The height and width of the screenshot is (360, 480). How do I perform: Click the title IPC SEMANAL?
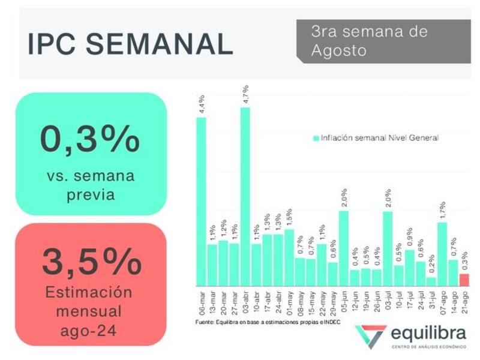130,43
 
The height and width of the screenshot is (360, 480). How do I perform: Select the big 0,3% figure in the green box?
90,139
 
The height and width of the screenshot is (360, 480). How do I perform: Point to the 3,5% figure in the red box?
91,262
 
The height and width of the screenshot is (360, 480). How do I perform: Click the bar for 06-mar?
202,201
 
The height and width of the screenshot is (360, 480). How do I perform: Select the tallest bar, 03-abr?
245,196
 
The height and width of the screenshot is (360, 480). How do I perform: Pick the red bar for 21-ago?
464,280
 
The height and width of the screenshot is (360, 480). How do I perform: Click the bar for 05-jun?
344,248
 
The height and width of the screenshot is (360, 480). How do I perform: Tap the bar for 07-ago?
442,254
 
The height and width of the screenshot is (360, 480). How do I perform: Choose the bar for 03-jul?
388,248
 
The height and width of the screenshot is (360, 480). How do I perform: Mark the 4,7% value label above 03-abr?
245,95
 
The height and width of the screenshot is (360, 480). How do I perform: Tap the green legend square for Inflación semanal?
316,138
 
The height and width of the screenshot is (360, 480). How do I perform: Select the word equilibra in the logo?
428,334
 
